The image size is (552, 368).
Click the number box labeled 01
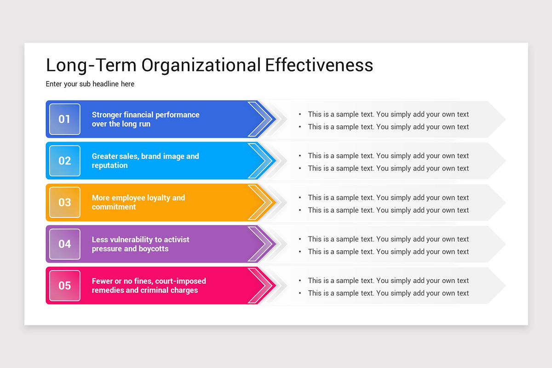coord(64,119)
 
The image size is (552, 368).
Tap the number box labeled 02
coord(64,161)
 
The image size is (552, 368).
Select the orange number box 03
coord(64,202)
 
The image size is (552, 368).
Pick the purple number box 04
coord(64,244)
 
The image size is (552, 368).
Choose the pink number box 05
coord(64,285)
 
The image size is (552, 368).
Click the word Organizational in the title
coord(201,65)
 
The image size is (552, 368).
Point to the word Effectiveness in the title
coord(319,65)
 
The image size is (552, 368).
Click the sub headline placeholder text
coord(90,84)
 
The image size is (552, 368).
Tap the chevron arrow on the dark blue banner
coord(261,119)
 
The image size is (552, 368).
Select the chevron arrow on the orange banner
coord(261,202)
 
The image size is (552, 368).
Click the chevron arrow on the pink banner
coord(261,285)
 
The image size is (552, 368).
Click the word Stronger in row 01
coord(107,115)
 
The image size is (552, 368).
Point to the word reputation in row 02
coord(109,166)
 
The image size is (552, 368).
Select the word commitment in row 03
coord(114,207)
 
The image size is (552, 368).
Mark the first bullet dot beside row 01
coord(300,115)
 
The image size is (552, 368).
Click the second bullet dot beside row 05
coord(300,293)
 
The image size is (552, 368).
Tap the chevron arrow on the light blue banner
coord(261,161)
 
